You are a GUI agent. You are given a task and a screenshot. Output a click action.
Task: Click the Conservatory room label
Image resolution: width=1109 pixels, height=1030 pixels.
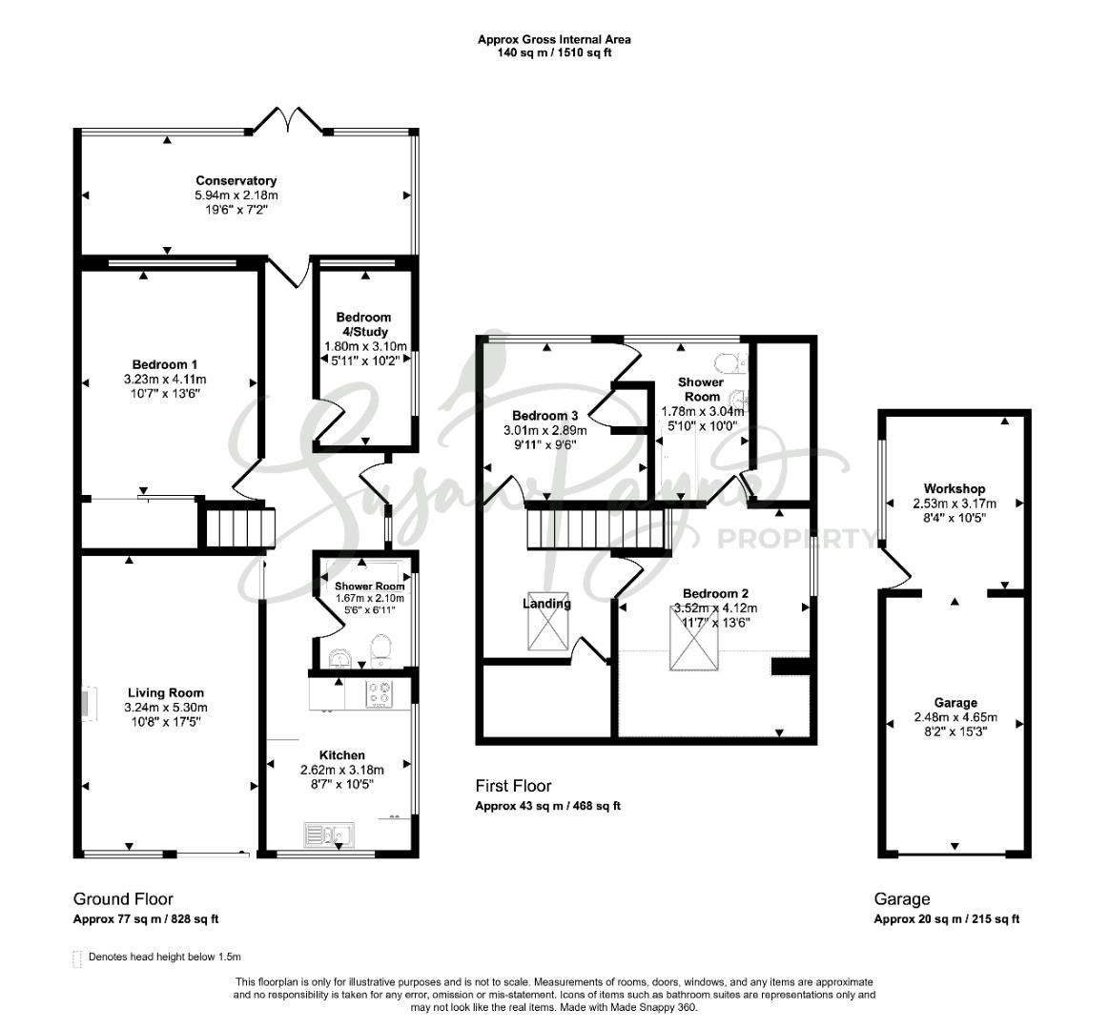(236, 180)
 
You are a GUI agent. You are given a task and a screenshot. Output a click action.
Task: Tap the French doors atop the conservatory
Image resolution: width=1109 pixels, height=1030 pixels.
(289, 119)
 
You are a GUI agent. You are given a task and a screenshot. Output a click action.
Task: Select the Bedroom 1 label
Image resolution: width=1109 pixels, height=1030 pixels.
(165, 364)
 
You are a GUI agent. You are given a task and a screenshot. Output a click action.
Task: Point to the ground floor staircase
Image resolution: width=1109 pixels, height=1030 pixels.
(240, 528)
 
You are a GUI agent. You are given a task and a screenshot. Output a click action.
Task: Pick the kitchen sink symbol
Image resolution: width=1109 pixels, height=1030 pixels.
(330, 835)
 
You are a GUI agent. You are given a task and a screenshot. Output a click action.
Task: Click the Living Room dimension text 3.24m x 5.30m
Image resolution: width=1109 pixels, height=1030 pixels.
(166, 708)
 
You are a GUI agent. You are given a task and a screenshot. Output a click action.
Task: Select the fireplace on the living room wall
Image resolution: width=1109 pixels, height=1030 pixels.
(86, 704)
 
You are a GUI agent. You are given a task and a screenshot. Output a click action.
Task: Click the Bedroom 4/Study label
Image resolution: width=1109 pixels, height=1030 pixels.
(363, 324)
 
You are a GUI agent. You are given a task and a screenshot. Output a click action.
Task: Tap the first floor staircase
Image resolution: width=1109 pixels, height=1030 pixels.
(598, 530)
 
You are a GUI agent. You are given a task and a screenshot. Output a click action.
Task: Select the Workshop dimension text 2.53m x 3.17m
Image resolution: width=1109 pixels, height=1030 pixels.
(955, 504)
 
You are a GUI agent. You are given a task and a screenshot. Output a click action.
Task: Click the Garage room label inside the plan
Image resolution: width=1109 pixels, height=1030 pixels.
(955, 703)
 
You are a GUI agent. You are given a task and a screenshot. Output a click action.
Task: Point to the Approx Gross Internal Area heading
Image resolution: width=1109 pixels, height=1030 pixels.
(554, 40)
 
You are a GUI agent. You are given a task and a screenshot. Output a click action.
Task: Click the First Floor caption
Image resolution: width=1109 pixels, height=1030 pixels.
(513, 786)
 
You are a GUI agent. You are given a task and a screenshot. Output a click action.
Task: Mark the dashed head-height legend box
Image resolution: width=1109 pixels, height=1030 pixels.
(77, 958)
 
